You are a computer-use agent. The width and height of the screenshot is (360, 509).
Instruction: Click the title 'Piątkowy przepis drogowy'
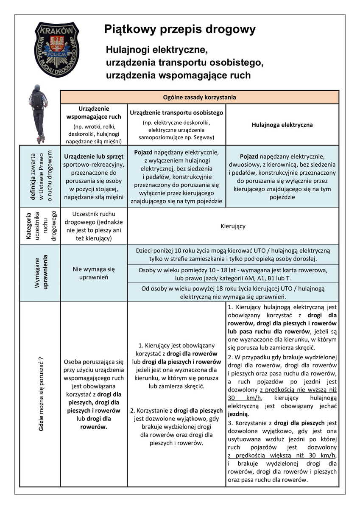pyautogui.click(x=180, y=30)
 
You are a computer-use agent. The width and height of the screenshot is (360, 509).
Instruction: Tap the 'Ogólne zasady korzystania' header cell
pyautogui.click(x=199, y=97)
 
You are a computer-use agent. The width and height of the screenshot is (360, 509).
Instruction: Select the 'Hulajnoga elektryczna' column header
pyautogui.click(x=282, y=125)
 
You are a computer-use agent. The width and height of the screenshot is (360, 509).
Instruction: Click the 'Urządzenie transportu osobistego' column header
pyautogui.click(x=176, y=113)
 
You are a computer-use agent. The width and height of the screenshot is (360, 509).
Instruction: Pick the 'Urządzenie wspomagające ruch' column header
pyautogui.click(x=94, y=112)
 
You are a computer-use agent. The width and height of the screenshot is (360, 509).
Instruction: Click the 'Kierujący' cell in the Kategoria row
pyautogui.click(x=233, y=226)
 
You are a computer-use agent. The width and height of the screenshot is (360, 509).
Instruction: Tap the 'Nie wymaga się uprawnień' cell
pyautogui.click(x=94, y=273)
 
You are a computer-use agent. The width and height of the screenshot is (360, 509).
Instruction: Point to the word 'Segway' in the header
pyautogui.click(x=202, y=137)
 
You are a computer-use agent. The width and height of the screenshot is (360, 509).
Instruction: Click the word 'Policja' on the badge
pyautogui.click(x=56, y=55)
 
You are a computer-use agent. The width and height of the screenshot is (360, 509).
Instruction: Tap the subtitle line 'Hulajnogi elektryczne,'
pyautogui.click(x=156, y=50)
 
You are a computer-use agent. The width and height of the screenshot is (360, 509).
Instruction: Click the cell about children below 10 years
pyautogui.click(x=233, y=255)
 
